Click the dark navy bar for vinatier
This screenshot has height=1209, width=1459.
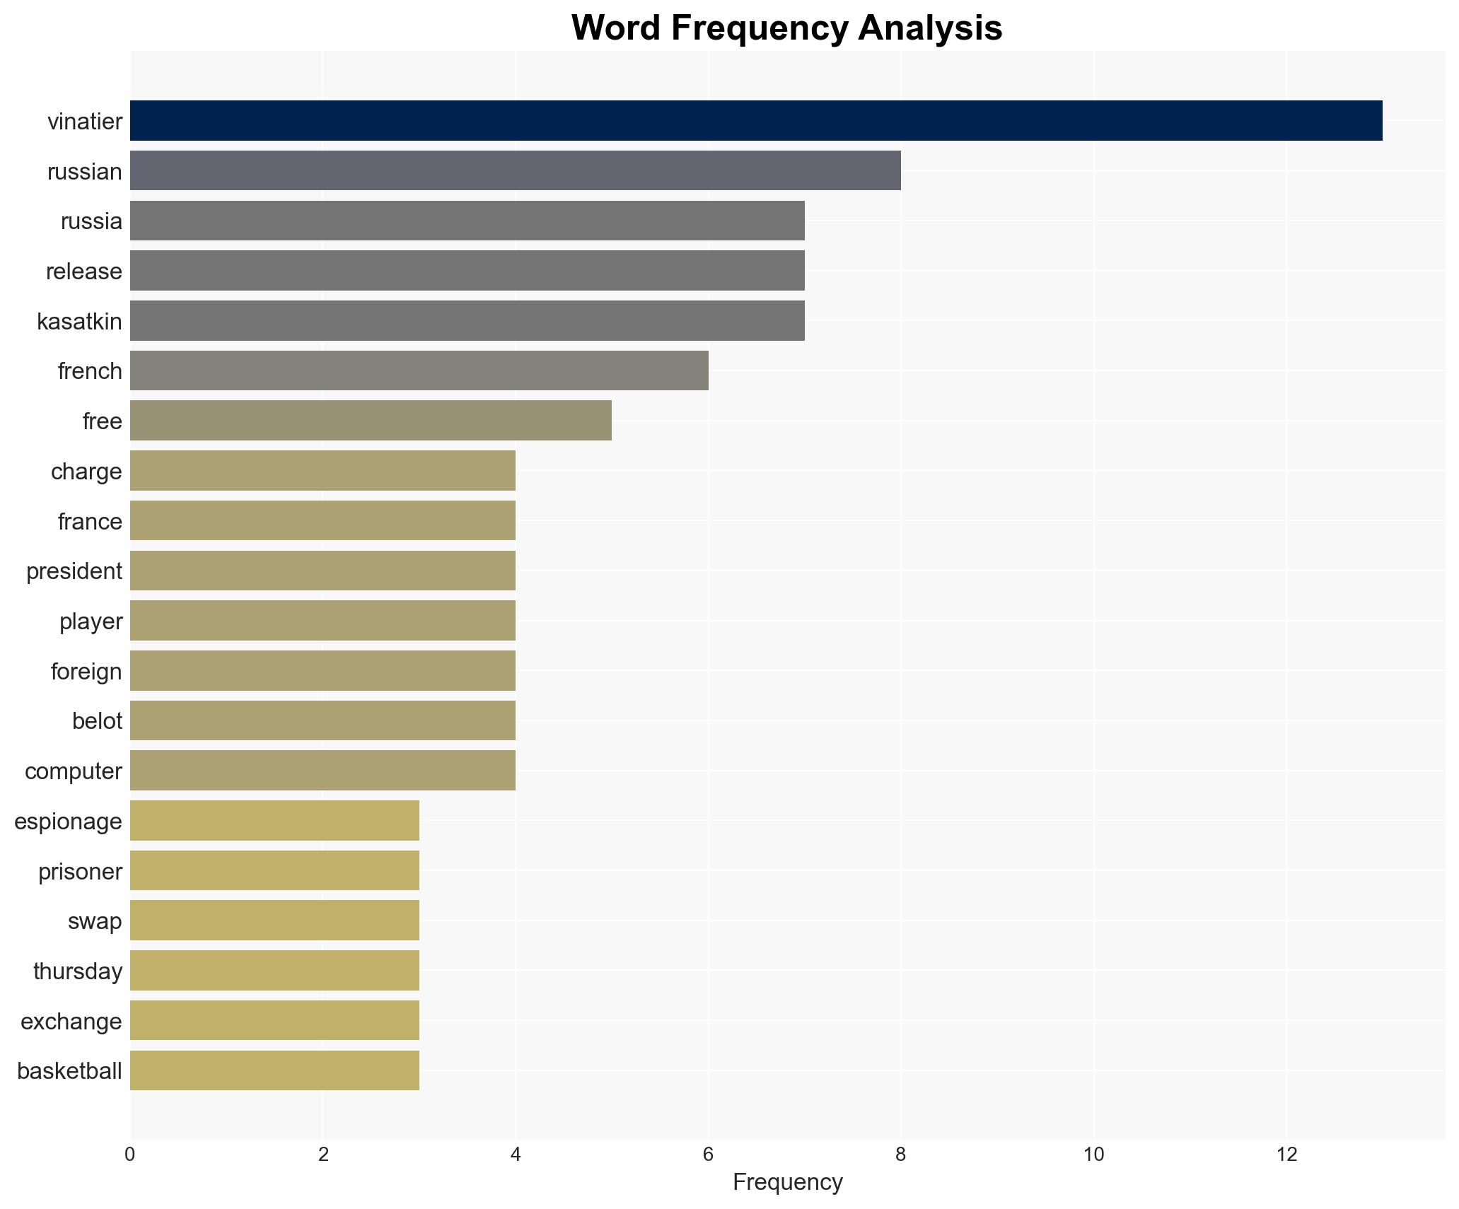pyautogui.click(x=755, y=121)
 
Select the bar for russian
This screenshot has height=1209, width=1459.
pyautogui.click(x=515, y=171)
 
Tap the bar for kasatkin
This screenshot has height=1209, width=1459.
pyautogui.click(x=467, y=321)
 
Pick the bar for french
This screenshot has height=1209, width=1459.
pyautogui.click(x=419, y=370)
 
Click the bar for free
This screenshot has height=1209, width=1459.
pyautogui.click(x=371, y=421)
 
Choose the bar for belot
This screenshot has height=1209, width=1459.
pyautogui.click(x=322, y=720)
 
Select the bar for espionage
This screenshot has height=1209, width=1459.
pyautogui.click(x=274, y=821)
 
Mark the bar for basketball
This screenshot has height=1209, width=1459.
pyautogui.click(x=274, y=1070)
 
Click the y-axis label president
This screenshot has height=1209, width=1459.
pyautogui.click(x=74, y=571)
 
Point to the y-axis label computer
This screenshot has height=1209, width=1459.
pyautogui.click(x=74, y=771)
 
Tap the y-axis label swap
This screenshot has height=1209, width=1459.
pyautogui.click(x=95, y=921)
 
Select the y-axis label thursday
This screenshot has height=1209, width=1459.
pyautogui.click(x=78, y=971)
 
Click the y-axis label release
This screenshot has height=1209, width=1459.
pyautogui.click(x=84, y=271)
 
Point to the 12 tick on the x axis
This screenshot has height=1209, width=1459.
pyautogui.click(x=1286, y=1155)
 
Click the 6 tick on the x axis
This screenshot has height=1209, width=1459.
pyautogui.click(x=708, y=1155)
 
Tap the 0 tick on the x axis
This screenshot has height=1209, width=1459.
pyautogui.click(x=130, y=1155)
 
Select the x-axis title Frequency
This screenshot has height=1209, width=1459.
pyautogui.click(x=787, y=1182)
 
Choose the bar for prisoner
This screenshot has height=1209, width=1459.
pyautogui.click(x=274, y=870)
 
